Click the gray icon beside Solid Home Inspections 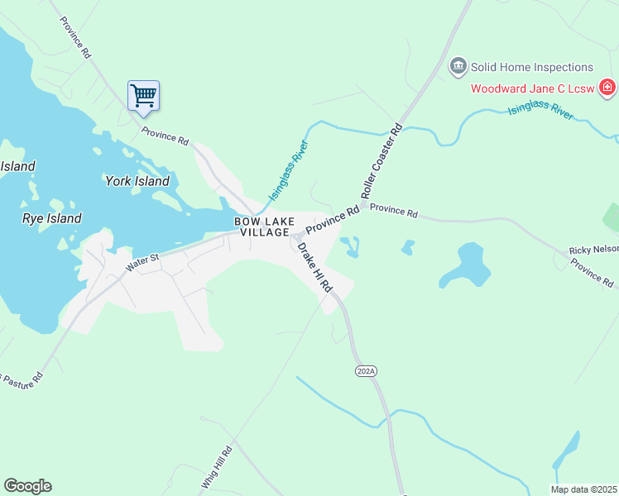click(x=458, y=67)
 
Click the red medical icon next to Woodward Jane click(x=607, y=87)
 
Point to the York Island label click(x=137, y=181)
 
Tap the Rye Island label click(x=51, y=219)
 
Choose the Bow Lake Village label click(x=265, y=227)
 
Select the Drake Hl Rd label click(x=314, y=267)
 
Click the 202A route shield click(x=366, y=372)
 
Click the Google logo click(x=27, y=486)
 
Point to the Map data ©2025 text click(x=583, y=489)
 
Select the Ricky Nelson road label click(x=593, y=250)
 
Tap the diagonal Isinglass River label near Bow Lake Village click(x=289, y=171)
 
